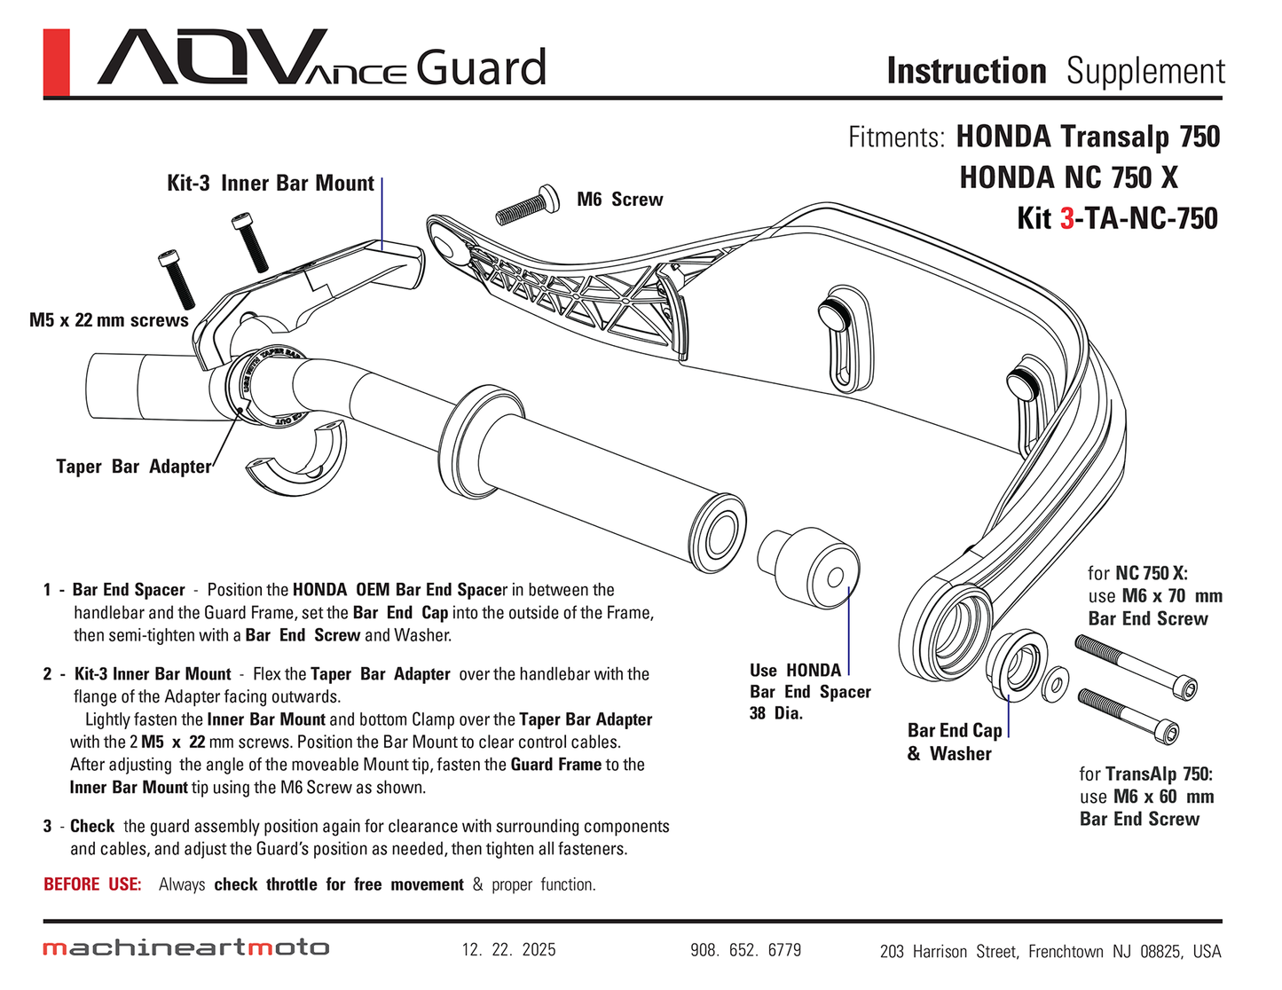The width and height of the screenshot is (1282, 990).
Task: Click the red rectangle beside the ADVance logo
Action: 56,62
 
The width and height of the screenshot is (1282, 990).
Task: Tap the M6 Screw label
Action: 619,200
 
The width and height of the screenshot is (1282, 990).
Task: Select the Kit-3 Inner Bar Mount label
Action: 271,184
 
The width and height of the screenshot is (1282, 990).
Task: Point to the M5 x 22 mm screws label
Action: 108,320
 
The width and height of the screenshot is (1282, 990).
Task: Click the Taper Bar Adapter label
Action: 134,467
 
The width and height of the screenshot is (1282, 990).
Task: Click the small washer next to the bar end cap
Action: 1055,682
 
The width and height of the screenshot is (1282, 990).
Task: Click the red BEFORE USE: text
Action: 92,884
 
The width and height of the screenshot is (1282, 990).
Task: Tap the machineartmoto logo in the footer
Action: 186,948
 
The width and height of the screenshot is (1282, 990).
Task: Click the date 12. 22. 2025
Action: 508,950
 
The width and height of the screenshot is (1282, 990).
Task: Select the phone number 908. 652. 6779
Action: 745,950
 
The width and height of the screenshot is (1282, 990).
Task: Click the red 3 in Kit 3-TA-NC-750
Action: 1066,218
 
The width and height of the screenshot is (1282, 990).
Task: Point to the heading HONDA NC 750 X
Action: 1068,177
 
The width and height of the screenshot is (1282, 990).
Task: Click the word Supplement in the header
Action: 1145,71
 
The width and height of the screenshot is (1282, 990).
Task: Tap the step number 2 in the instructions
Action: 47,674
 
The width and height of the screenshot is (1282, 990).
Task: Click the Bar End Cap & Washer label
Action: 954,742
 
